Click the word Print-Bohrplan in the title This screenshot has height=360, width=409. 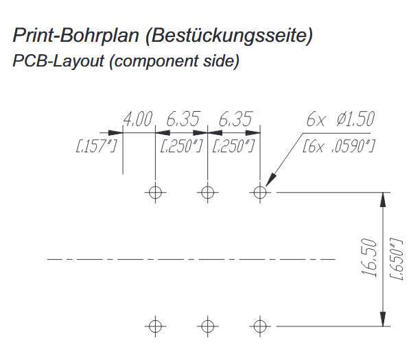pos(75,35)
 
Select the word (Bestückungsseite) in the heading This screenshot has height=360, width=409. pos(229,36)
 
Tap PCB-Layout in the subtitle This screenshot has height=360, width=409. pos(58,61)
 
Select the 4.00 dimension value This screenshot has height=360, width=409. pos(137,119)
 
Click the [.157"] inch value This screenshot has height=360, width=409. pos(95,146)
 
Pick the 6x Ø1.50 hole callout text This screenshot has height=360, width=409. pos(340,119)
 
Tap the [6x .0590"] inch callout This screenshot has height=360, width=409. pos(338,146)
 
